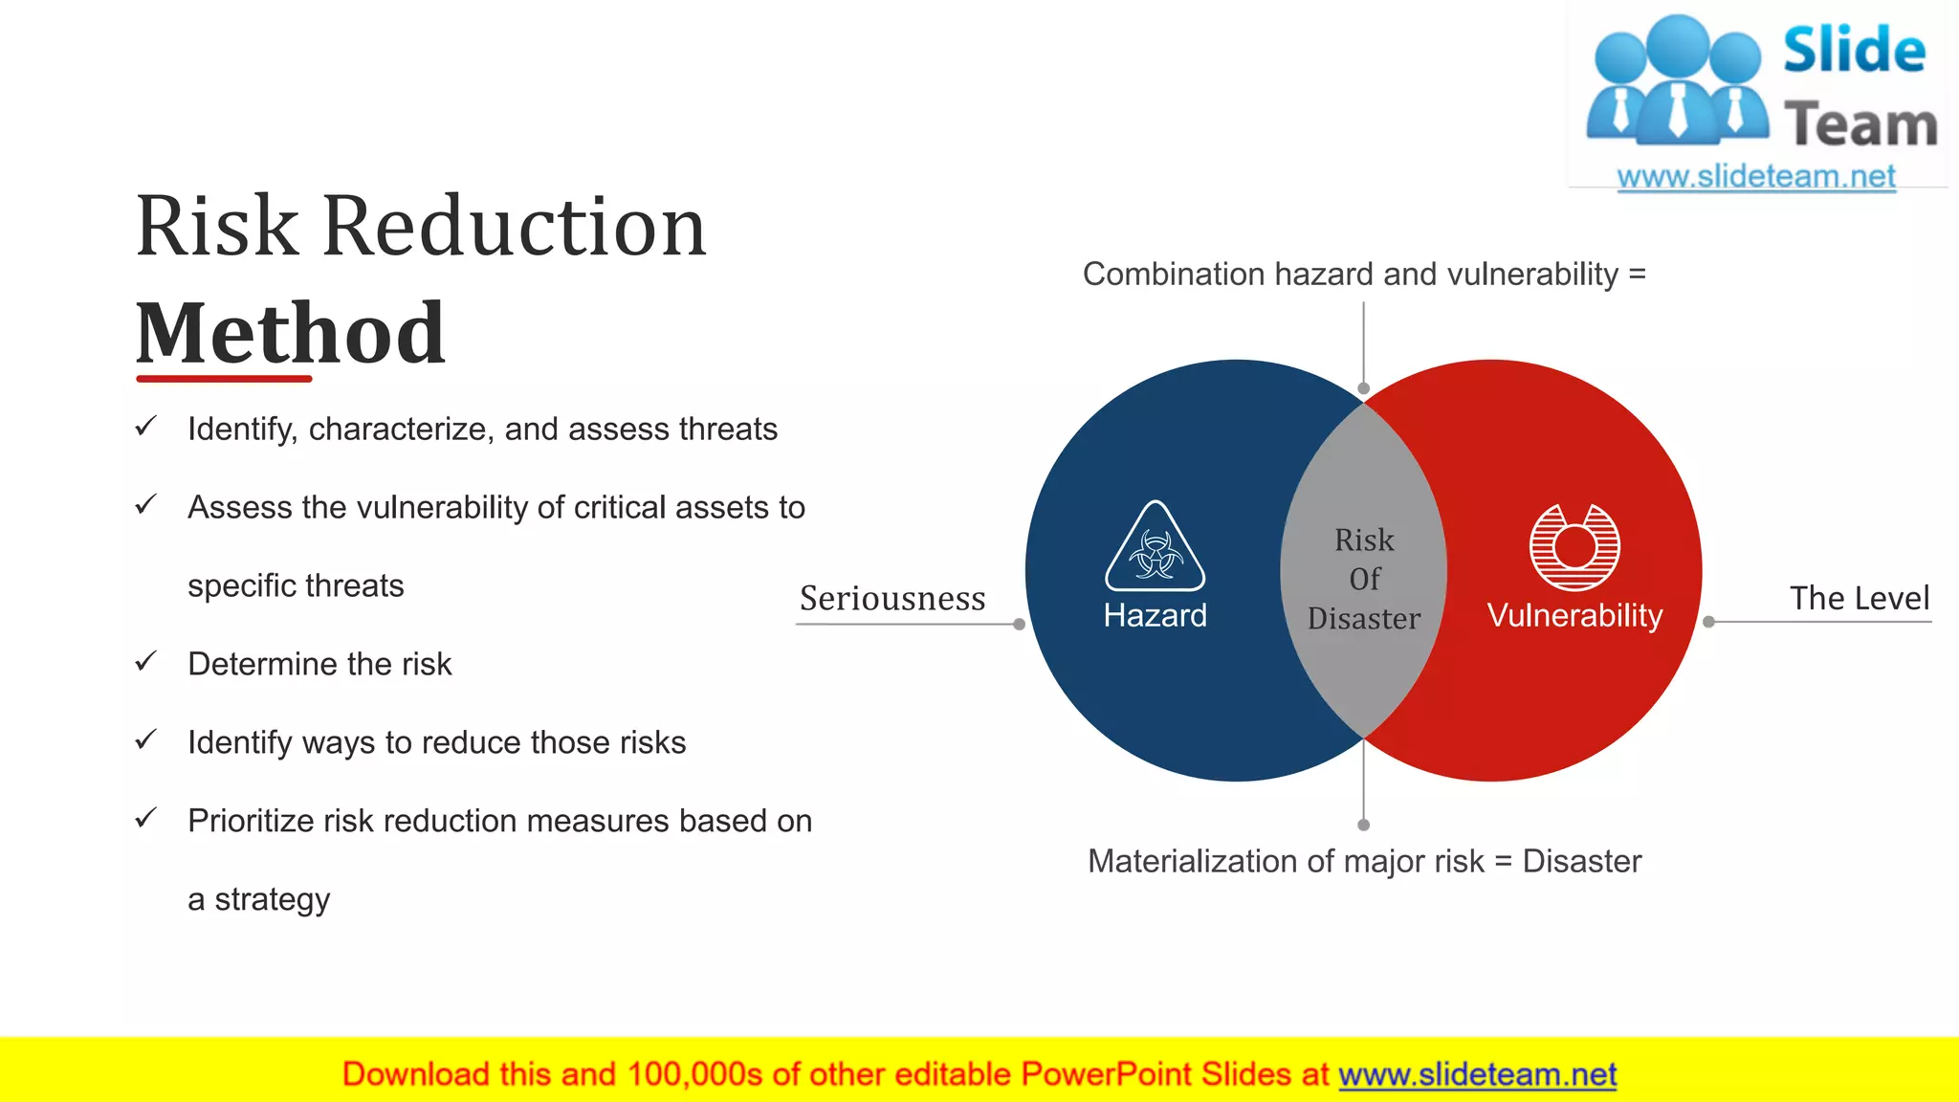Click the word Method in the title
(x=290, y=334)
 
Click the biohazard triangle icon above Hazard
(x=1155, y=547)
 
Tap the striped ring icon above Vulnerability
(x=1574, y=547)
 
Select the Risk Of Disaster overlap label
(x=1364, y=579)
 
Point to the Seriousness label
(x=892, y=599)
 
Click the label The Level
(x=1859, y=599)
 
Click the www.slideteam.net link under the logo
(x=1755, y=177)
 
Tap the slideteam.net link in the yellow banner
(x=1477, y=1075)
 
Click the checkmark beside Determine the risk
(x=145, y=662)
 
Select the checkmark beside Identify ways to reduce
(x=145, y=740)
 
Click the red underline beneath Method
(x=224, y=379)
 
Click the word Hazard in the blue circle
(x=1155, y=615)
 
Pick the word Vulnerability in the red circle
(x=1574, y=615)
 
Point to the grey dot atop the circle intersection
(x=1364, y=388)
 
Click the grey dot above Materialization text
(x=1364, y=825)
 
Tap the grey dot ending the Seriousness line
(x=1020, y=625)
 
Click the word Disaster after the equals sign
(x=1581, y=861)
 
